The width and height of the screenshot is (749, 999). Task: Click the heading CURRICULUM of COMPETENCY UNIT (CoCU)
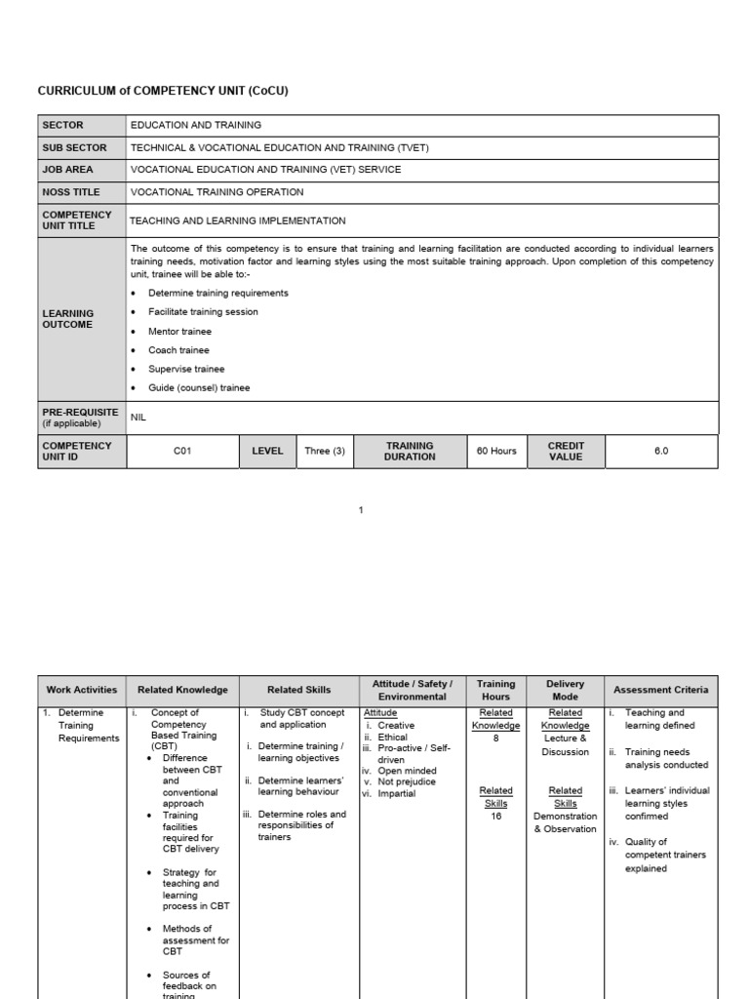tap(163, 91)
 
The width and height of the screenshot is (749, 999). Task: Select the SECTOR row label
tap(62, 125)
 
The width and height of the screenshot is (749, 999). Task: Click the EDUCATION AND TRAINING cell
tap(195, 125)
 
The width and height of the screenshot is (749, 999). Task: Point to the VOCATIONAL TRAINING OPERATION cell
tap(217, 192)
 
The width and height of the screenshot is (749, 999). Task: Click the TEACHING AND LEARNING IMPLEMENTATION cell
tap(238, 221)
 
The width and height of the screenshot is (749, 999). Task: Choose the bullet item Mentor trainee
tap(179, 332)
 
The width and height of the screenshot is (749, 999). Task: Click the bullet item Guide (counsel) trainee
tap(199, 388)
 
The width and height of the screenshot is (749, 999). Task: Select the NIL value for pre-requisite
tap(138, 417)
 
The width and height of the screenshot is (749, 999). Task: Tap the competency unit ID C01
tap(182, 452)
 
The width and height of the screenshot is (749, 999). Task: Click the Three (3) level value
tap(325, 452)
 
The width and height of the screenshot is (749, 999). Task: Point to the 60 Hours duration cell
tap(496, 452)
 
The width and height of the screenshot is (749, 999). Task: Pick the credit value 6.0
tap(661, 452)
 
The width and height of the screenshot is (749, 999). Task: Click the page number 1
tap(361, 510)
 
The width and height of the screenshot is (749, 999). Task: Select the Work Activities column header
tap(82, 690)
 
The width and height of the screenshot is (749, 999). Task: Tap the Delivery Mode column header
tap(565, 690)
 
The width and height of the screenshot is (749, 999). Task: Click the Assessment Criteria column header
tap(661, 690)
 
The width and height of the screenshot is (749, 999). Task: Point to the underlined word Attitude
tap(380, 713)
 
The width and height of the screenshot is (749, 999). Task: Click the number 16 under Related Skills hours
tap(496, 817)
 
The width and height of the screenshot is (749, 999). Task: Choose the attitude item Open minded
tap(407, 771)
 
